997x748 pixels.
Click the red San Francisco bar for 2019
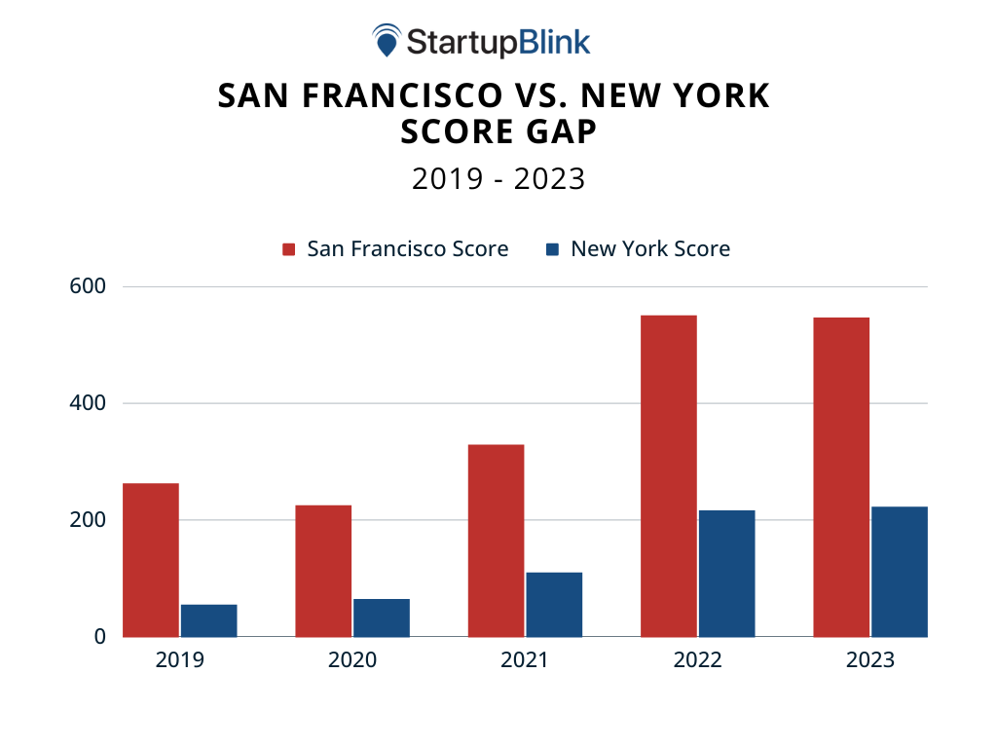151,559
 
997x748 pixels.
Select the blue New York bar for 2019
208,620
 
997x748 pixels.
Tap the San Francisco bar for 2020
323,570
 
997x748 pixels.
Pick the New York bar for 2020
382,617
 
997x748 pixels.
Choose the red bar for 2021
496,540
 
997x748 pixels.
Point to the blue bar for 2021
554,604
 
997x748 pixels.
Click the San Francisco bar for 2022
669,475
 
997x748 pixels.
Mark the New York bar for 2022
726,573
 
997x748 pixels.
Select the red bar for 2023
841,476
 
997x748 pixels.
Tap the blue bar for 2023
900,571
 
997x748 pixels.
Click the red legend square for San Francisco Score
288,249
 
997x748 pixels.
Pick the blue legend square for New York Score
553,249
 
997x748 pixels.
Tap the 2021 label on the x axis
525,660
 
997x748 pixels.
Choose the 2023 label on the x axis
870,660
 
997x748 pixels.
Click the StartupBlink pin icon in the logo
387,41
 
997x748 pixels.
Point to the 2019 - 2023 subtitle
498,179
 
